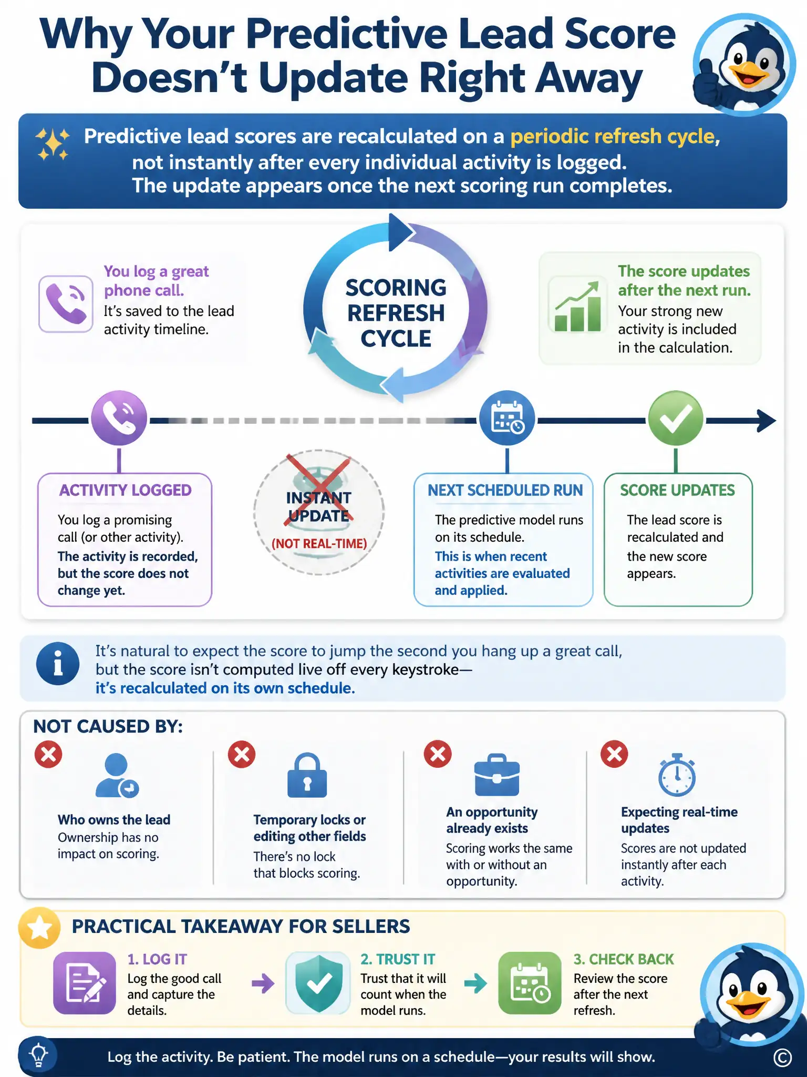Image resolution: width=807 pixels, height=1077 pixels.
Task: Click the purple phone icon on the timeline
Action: [x=119, y=419]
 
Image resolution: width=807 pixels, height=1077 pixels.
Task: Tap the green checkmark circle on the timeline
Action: [x=676, y=419]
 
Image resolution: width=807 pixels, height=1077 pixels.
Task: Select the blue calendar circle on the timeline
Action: [x=507, y=419]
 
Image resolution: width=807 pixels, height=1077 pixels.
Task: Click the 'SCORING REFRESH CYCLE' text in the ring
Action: [x=396, y=313]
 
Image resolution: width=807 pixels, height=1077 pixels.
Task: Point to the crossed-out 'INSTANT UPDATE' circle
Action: [x=319, y=512]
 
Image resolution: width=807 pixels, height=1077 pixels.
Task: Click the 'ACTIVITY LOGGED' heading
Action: [x=126, y=490]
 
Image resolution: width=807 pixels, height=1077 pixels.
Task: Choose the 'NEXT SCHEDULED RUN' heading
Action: [x=505, y=490]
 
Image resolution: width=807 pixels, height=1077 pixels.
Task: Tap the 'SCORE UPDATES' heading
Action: [x=678, y=490]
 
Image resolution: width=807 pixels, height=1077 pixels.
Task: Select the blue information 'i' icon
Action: [x=58, y=664]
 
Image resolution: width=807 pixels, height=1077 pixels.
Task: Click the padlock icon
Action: [x=307, y=775]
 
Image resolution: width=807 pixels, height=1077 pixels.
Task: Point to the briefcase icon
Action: [x=497, y=775]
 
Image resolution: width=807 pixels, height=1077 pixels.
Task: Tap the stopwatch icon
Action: [x=677, y=775]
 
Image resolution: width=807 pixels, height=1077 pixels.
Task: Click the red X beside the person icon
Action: [x=48, y=755]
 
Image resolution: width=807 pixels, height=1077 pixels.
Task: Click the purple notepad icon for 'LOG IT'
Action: [x=85, y=983]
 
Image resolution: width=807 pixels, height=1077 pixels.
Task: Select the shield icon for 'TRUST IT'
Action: [x=318, y=983]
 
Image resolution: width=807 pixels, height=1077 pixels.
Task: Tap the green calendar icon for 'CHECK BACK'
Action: [x=530, y=983]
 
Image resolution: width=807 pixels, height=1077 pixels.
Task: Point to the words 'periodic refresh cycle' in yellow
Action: [x=615, y=137]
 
